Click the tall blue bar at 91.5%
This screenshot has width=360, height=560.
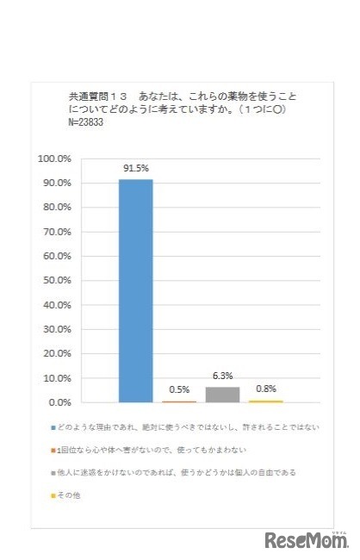pos(135,290)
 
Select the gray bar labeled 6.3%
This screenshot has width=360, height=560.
pos(222,395)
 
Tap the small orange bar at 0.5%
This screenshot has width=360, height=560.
pos(179,401)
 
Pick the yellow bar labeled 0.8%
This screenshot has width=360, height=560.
pos(266,401)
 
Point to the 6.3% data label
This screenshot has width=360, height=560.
pos(222,376)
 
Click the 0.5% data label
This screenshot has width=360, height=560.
pos(179,390)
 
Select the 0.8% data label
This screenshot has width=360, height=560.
pos(266,389)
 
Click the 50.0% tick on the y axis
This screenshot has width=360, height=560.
pos(58,281)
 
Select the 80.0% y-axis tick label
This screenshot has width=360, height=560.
pos(58,208)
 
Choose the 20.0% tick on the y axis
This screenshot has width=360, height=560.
pos(58,353)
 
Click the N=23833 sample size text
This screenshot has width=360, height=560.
pos(89,123)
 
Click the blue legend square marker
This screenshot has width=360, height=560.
pos(53,426)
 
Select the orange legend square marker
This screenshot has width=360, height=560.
pos(53,450)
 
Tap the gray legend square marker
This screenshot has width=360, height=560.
pos(53,473)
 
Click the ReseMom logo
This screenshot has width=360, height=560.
pos(307,539)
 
